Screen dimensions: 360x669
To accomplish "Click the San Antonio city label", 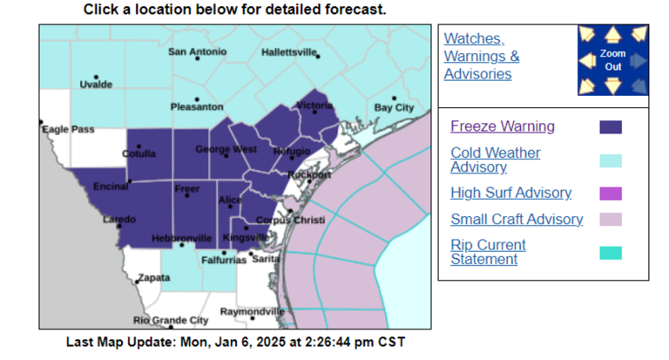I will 197,51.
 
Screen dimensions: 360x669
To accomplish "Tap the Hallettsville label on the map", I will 289,52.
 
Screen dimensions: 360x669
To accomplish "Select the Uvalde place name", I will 96,85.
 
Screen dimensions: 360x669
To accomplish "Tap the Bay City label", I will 394,107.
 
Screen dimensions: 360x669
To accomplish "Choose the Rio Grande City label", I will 171,320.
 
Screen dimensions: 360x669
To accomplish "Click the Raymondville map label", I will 252,311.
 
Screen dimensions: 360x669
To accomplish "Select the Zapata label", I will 152,280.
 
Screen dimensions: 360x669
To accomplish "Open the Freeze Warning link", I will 502,126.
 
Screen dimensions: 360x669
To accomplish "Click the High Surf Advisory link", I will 510,193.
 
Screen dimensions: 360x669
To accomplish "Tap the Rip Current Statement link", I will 488,252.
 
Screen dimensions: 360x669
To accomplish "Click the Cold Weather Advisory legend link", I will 495,160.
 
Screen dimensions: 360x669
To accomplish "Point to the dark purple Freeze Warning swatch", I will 611,127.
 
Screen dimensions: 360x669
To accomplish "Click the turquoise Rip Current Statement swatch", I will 611,253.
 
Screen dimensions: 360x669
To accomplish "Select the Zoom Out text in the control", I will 612,59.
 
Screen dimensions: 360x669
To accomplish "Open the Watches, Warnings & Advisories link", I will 482,57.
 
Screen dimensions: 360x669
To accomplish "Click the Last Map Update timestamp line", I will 235,342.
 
